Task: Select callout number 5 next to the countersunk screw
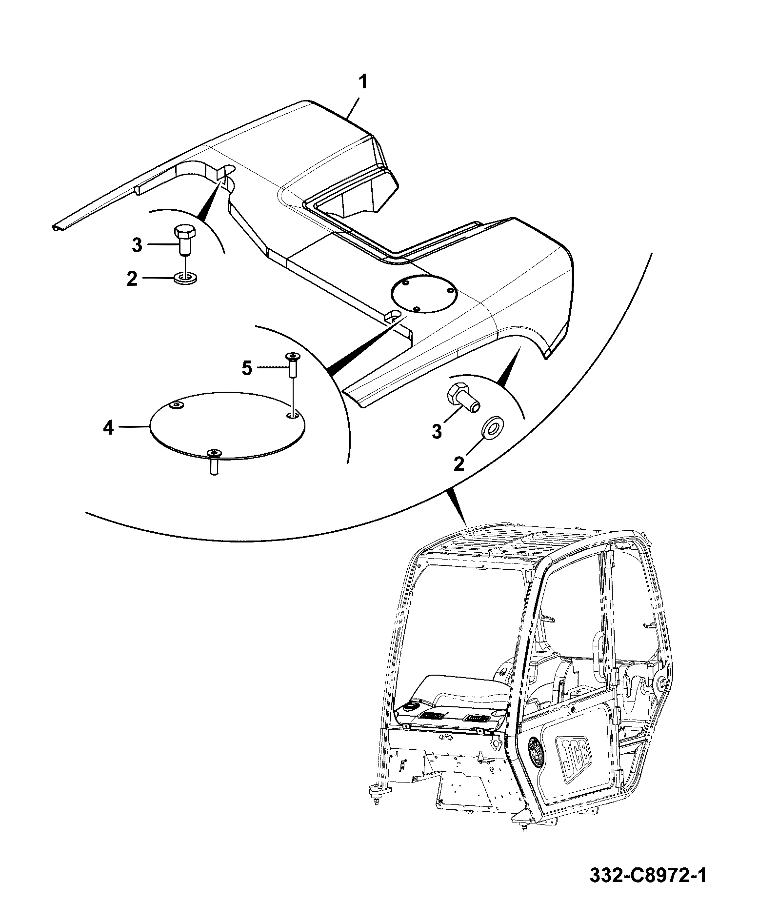[x=247, y=368]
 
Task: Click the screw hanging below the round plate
[x=214, y=462]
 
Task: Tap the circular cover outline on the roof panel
[x=423, y=295]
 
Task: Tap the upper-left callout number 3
[x=137, y=245]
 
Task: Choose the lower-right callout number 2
[x=459, y=463]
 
